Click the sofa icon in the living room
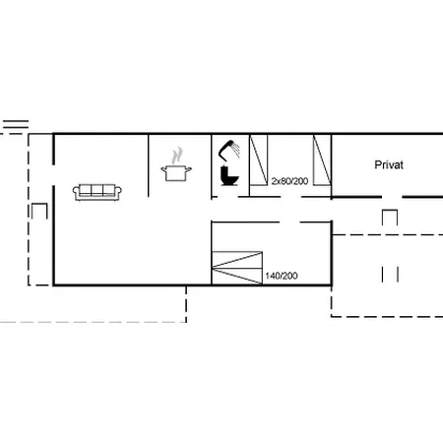98,191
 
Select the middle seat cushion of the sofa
98,193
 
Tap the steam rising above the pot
177,156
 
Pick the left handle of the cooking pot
163,171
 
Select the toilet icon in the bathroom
229,177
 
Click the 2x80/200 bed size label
288,181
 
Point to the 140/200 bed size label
281,276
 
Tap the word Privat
390,165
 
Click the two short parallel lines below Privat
390,273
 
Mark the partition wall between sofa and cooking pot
148,164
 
